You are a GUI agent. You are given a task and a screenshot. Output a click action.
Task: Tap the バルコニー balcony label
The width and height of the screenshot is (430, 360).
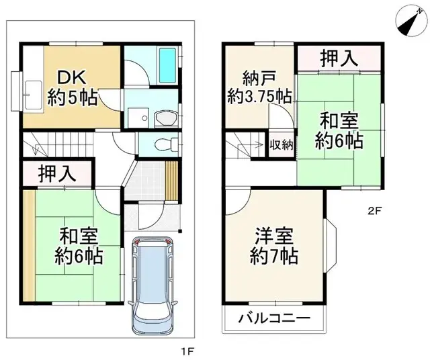[x=272, y=319]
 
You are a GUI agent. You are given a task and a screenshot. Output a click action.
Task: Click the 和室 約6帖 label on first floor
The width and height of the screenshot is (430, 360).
[x=79, y=246]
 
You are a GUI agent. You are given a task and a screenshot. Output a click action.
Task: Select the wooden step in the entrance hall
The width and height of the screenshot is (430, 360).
[x=172, y=177]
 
